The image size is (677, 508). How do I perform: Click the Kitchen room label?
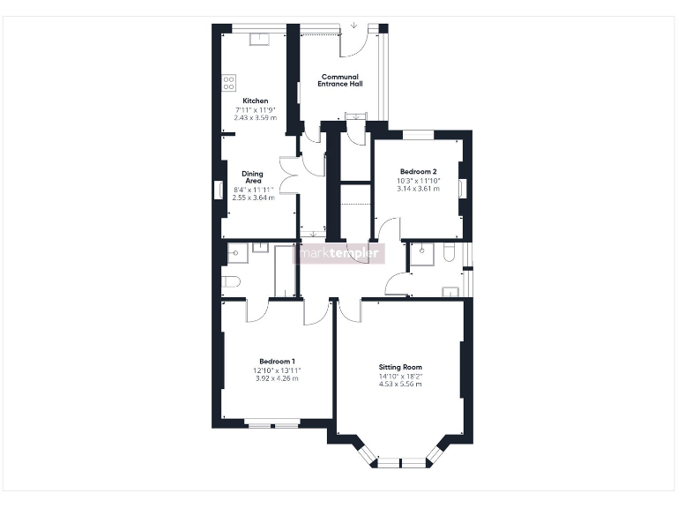click(256, 101)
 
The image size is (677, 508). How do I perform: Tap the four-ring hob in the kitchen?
click(229, 83)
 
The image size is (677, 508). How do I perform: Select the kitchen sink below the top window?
click(262, 39)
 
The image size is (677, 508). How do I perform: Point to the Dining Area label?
click(253, 177)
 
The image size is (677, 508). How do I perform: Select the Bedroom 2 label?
click(418, 171)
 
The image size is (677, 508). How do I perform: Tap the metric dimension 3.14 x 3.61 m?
click(418, 189)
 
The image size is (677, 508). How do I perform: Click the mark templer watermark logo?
click(340, 253)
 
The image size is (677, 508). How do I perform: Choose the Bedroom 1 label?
click(276, 361)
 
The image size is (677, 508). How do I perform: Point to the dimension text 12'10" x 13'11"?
click(276, 370)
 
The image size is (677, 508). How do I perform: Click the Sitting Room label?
click(400, 367)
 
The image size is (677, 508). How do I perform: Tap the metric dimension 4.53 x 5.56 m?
click(400, 385)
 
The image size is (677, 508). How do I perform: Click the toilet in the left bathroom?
click(231, 282)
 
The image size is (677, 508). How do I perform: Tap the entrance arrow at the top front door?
click(353, 25)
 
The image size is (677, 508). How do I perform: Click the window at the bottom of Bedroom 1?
click(273, 426)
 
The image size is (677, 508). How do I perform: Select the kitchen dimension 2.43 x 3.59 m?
click(256, 117)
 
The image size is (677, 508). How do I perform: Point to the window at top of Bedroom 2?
click(419, 134)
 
